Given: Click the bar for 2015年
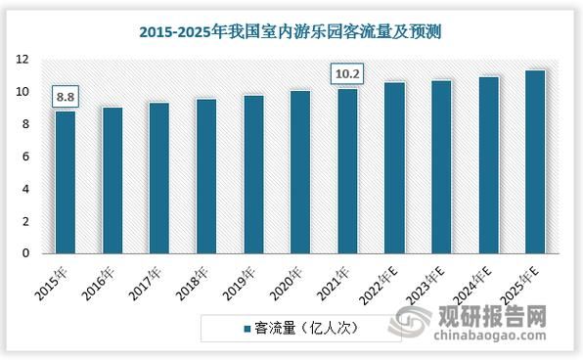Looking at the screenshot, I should (66, 182).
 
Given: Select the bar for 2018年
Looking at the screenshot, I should (206, 176).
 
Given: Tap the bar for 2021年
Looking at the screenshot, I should (347, 171).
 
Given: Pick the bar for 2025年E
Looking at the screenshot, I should (535, 161).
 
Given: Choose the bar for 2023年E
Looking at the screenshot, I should (441, 167).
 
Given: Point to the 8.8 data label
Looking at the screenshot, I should (66, 98).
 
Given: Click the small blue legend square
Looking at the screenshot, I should (246, 329).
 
